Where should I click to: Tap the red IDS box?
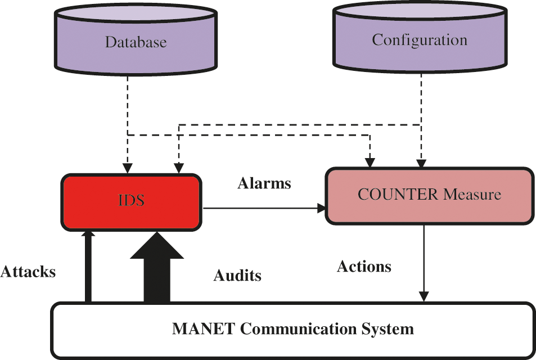coord(131,201)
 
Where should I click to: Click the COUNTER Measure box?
coord(429,195)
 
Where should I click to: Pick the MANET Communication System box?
coord(292,330)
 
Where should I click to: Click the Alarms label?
coord(264,183)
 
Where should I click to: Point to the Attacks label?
coord(28,272)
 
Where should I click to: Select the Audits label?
coord(237,276)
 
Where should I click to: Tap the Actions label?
coord(364,266)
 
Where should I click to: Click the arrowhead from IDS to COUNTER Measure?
coord(321,208)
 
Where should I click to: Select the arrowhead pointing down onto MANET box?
coord(424,296)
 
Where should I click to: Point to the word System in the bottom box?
coord(388,328)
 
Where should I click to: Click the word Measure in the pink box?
coord(472,195)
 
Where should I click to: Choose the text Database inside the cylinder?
coord(136,42)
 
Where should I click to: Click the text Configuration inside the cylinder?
coord(420,40)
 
